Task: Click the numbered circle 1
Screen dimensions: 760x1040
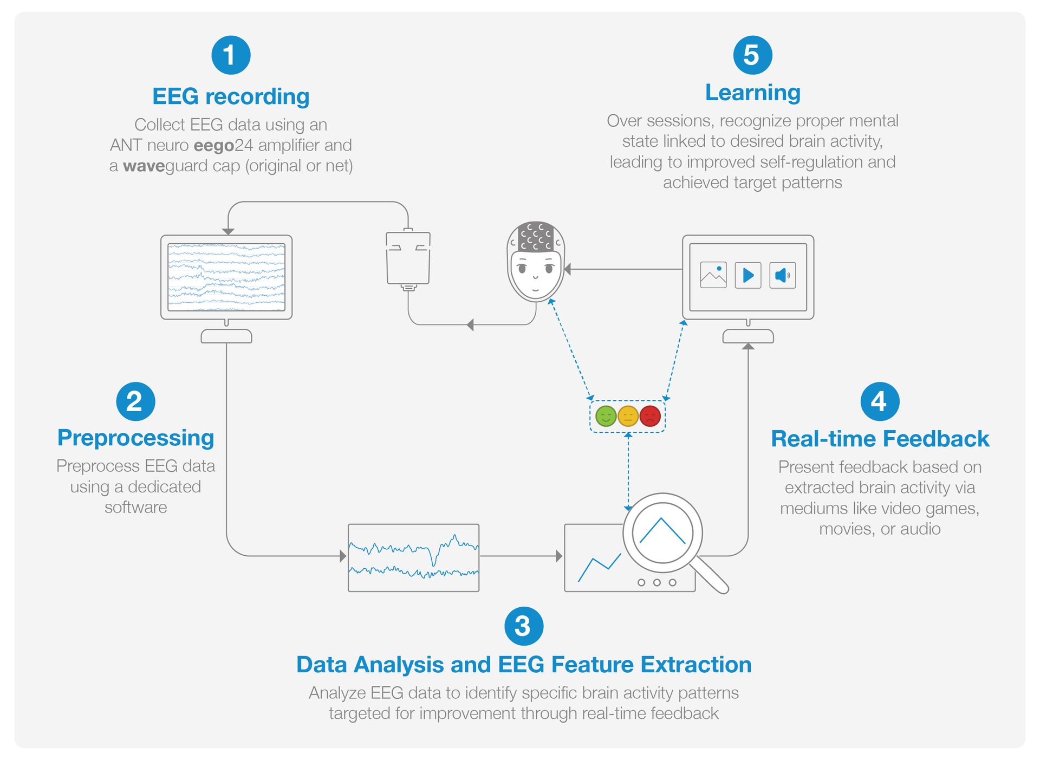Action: pos(231,55)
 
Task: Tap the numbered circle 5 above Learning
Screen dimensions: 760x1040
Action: pos(752,55)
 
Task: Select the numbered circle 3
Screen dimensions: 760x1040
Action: pos(523,626)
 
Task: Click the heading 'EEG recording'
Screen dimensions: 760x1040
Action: pos(231,96)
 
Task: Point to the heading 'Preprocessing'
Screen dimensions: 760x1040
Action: pos(135,438)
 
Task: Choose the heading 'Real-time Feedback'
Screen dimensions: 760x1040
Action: pos(880,439)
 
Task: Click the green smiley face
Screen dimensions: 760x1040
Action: pos(606,416)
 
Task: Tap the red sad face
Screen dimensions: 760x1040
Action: pos(650,416)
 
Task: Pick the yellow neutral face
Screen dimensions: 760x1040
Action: pos(628,416)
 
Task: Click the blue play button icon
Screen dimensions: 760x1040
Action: pos(748,275)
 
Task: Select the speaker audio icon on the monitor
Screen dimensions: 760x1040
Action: pos(782,275)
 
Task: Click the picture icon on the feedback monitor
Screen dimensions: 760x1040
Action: pos(713,275)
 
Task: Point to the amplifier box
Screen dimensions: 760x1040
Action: pos(408,258)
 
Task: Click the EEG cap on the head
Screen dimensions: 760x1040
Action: pos(536,237)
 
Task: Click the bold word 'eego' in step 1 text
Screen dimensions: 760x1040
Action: pos(214,146)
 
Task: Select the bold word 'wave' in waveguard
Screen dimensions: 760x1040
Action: pos(144,166)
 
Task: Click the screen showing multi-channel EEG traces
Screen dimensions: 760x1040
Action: pos(226,277)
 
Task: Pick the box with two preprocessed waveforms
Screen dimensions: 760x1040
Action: pos(413,557)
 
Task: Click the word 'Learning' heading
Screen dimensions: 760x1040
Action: pos(752,93)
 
